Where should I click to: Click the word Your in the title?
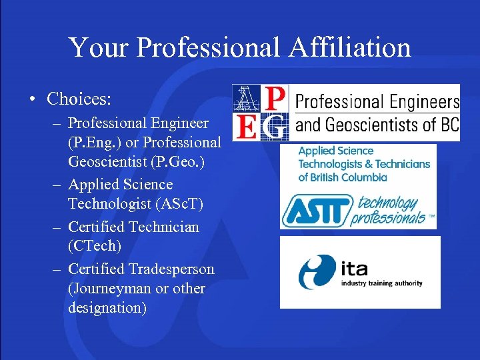(x=92, y=47)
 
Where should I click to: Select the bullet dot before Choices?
(x=32, y=99)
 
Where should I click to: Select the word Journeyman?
(x=109, y=289)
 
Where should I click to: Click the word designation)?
(x=107, y=308)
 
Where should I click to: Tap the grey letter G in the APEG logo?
(x=274, y=125)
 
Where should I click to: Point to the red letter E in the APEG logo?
(x=246, y=125)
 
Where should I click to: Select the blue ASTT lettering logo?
(x=317, y=211)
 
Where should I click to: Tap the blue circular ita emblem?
(x=317, y=271)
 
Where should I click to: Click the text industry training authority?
(x=381, y=283)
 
